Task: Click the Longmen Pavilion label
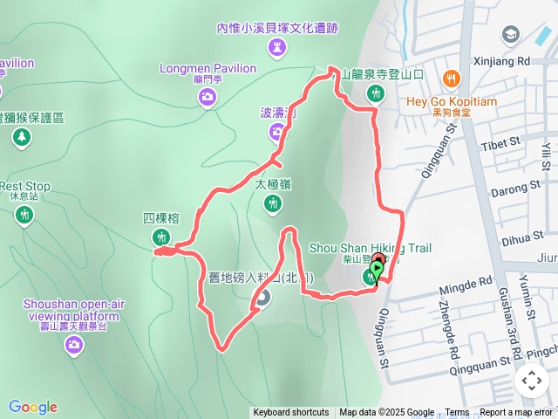(x=208, y=68)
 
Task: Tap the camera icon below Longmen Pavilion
(x=208, y=97)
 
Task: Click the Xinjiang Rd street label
(x=500, y=61)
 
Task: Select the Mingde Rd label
(x=469, y=284)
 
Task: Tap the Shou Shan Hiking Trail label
(x=371, y=248)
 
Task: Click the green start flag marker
(x=376, y=271)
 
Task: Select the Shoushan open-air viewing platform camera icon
(x=74, y=345)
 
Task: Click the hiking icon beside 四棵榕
(x=160, y=237)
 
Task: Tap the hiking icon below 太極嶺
(x=273, y=203)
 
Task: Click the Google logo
(x=33, y=407)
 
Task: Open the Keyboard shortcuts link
(x=290, y=413)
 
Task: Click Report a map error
(x=516, y=413)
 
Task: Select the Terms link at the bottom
(x=457, y=413)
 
